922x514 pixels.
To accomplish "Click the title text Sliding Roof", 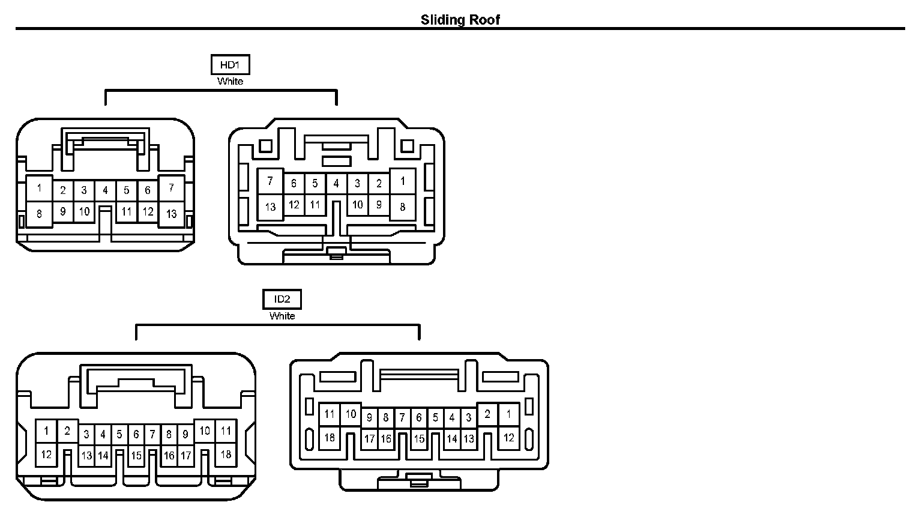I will coord(460,20).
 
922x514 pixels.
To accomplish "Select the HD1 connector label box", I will coord(230,65).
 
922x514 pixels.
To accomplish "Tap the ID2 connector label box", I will coord(282,299).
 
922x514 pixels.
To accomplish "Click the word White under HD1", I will coord(230,81).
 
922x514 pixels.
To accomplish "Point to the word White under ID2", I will coord(282,316).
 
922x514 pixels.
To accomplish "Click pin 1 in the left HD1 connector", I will coord(40,188).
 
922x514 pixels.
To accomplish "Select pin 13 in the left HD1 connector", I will coord(172,213).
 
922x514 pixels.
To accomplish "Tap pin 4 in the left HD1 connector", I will coord(105,191).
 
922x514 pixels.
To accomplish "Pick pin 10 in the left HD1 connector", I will coord(84,211).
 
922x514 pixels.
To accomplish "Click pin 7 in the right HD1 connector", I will coord(271,181).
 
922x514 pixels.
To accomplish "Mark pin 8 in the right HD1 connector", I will coord(402,207).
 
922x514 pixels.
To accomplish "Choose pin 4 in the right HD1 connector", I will coord(336,184).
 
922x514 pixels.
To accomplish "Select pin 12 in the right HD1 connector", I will coord(294,205).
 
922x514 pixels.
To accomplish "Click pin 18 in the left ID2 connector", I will coord(226,454).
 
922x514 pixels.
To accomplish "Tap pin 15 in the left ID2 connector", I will coord(136,456).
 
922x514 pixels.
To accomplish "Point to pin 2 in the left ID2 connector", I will coord(67,430).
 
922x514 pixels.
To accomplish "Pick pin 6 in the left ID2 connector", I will coord(136,434).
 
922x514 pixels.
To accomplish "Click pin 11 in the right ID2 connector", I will coord(330,414).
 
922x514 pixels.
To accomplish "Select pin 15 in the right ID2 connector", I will coord(419,439).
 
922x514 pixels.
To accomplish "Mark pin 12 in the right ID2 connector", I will coord(508,438).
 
